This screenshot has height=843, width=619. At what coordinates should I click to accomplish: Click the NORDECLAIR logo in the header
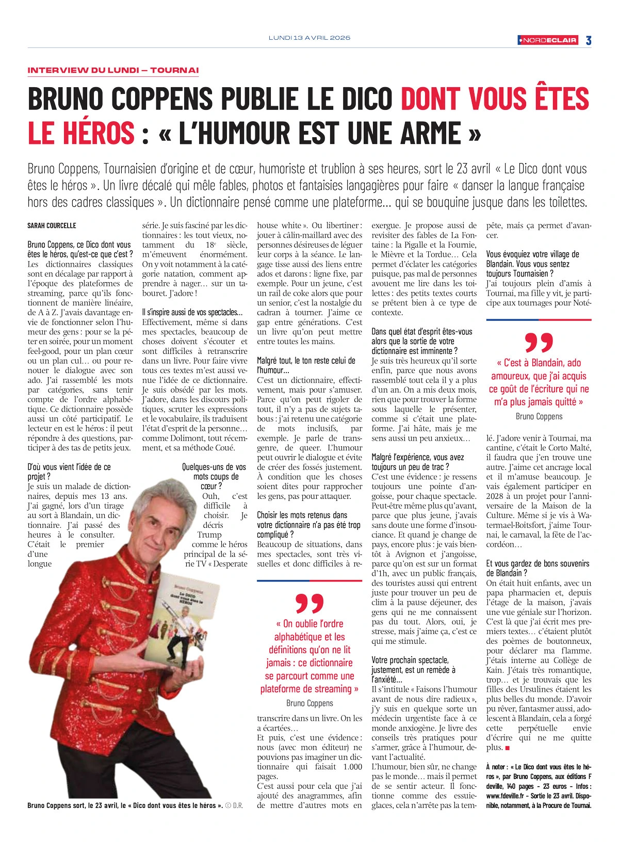coord(548,40)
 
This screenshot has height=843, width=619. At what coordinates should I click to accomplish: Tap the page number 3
coord(588,40)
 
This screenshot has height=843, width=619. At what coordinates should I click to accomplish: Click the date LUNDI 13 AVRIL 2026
coord(309,38)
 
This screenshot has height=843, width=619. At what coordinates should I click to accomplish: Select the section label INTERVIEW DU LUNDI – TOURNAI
coord(113,70)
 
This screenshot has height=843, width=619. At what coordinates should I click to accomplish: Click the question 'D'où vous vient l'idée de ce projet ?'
coord(69,472)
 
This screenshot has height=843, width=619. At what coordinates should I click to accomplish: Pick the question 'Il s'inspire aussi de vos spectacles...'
coord(192,312)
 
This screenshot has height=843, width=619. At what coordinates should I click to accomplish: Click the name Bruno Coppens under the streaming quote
coord(309,703)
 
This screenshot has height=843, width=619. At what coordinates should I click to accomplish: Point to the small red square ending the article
coord(508,748)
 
